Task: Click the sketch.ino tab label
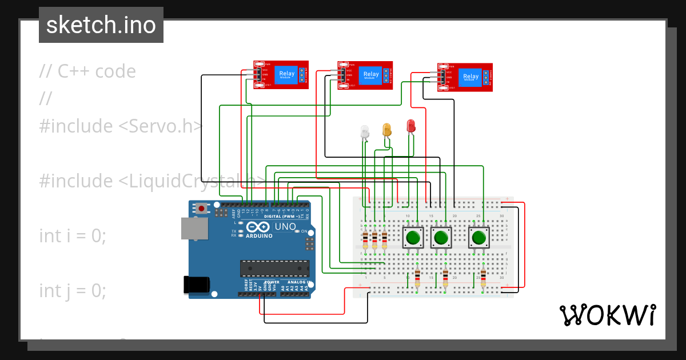click(x=101, y=25)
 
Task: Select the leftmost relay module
click(x=281, y=75)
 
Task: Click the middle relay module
click(x=365, y=75)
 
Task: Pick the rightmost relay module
click(x=464, y=77)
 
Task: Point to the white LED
click(x=365, y=132)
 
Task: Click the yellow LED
click(x=387, y=130)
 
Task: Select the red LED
click(x=410, y=126)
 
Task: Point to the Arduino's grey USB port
click(x=191, y=228)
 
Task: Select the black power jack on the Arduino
click(x=194, y=285)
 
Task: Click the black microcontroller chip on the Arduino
click(x=274, y=267)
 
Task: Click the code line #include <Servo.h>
click(x=121, y=126)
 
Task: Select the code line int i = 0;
click(x=73, y=235)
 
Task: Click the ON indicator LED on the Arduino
click(x=297, y=231)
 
